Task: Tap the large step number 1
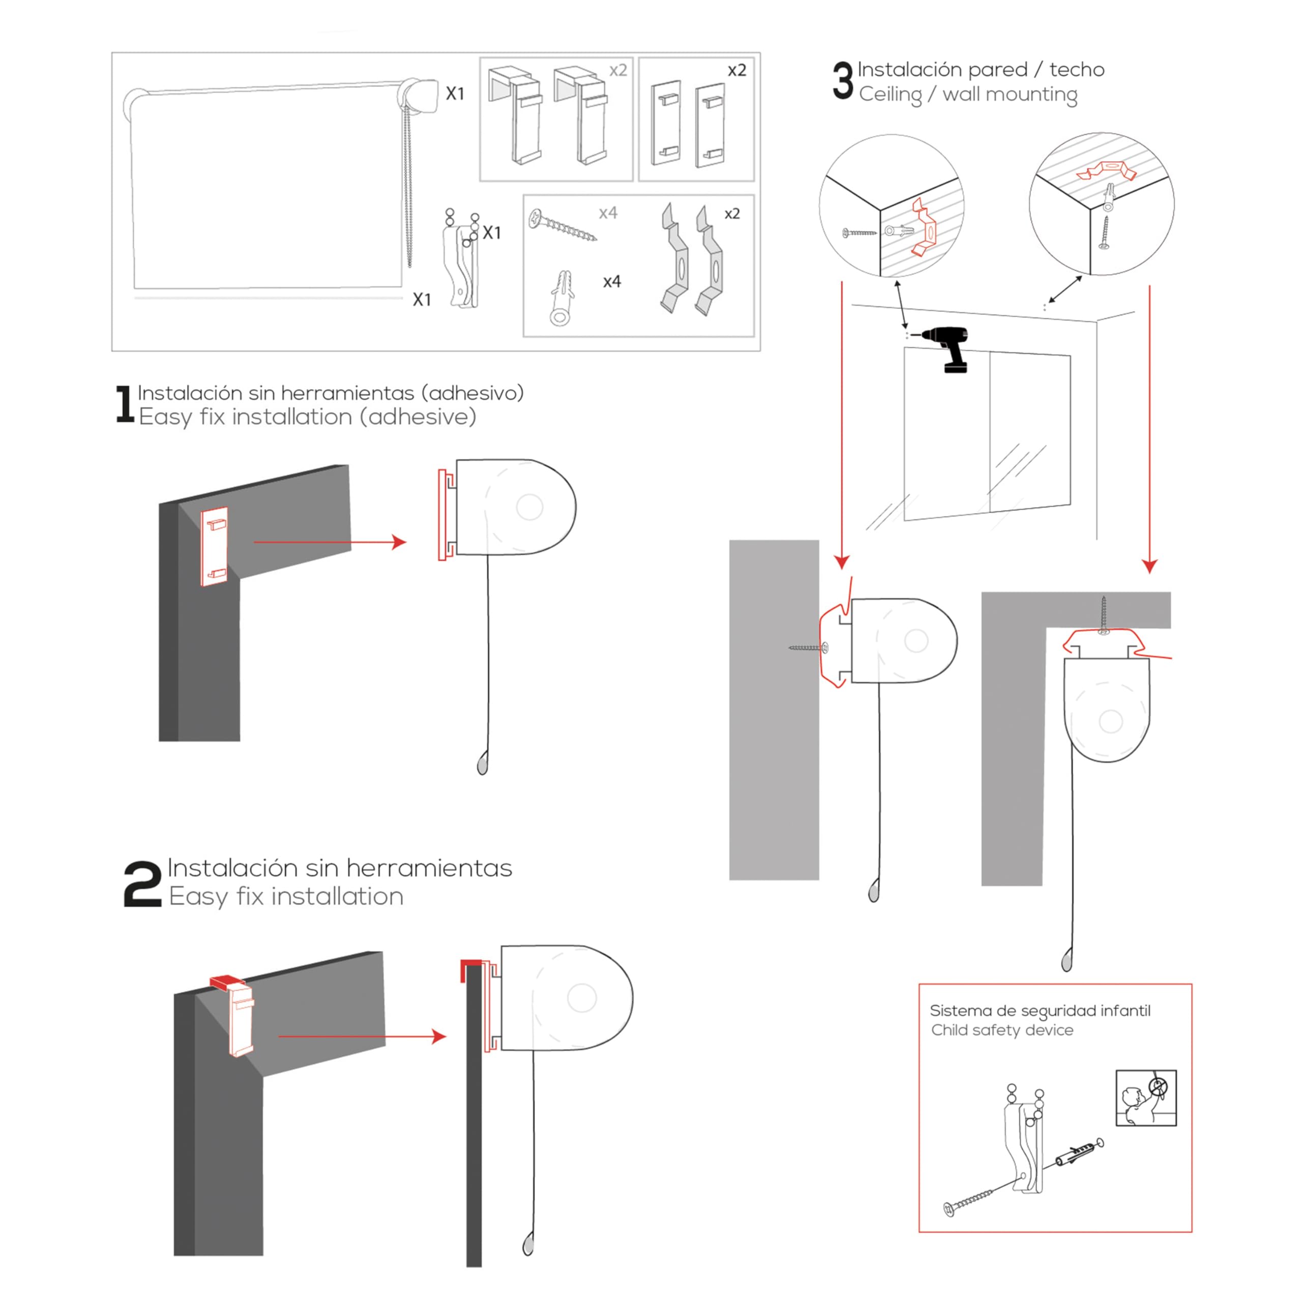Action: click(x=125, y=404)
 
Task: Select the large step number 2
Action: click(x=143, y=883)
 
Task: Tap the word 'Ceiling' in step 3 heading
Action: click(x=890, y=95)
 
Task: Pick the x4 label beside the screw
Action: click(x=608, y=213)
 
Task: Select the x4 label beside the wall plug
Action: click(x=612, y=282)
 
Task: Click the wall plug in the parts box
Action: click(x=561, y=298)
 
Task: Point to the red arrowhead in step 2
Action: click(x=439, y=1037)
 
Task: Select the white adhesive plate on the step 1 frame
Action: click(x=214, y=546)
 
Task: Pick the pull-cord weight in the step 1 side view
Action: click(x=483, y=763)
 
